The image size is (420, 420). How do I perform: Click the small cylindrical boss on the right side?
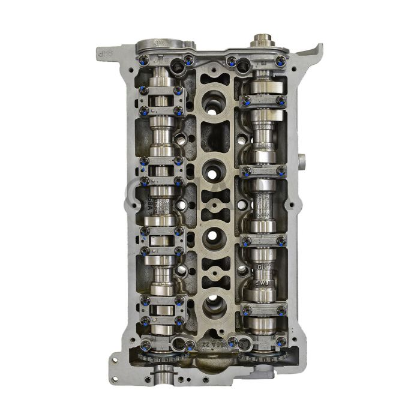[x=301, y=161]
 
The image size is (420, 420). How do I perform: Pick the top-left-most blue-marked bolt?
[x=144, y=60]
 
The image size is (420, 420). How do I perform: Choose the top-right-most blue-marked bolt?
[x=280, y=60]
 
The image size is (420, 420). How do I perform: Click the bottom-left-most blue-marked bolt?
[x=145, y=344]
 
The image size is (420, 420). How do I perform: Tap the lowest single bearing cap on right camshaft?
[x=262, y=310]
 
